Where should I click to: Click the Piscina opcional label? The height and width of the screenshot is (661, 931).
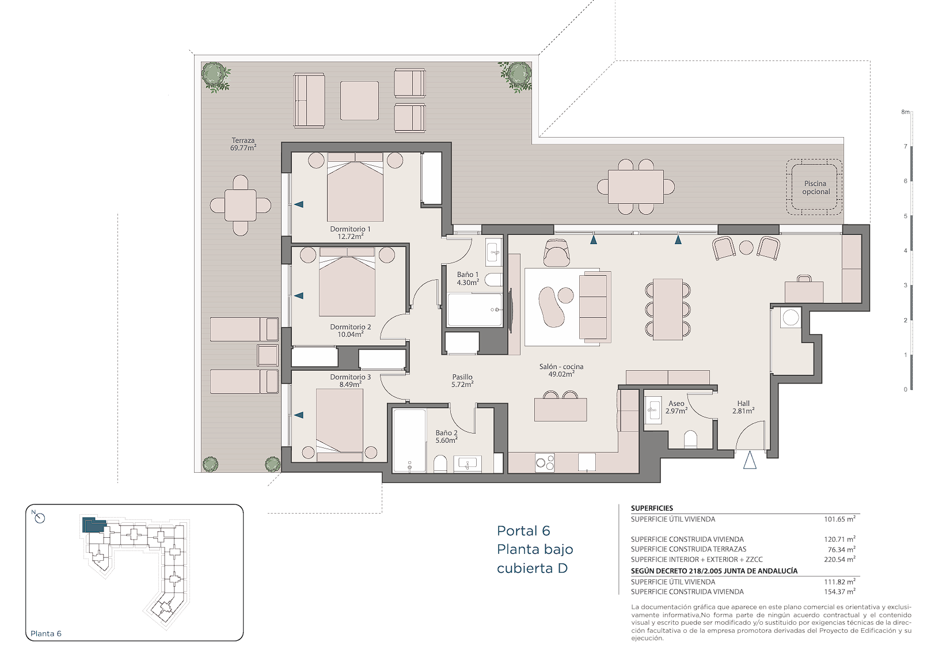815,188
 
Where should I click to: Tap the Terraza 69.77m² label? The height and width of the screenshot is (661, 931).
243,144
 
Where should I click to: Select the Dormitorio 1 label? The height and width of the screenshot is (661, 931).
350,229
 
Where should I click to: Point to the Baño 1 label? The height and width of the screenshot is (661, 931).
468,275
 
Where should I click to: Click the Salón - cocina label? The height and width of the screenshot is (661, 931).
561,367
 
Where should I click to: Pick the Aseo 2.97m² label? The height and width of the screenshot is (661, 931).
676,407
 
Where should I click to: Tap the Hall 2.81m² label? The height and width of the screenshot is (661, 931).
743,407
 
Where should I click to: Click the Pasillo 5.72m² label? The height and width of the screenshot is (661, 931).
462,381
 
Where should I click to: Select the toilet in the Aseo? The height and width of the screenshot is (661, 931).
690,439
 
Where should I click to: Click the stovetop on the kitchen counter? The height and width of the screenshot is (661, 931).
545,462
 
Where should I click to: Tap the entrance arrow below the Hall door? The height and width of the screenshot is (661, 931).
750,460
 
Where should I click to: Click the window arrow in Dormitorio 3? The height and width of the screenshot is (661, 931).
298,415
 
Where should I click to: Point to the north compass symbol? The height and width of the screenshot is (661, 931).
39,517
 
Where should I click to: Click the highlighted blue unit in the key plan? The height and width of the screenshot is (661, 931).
94,525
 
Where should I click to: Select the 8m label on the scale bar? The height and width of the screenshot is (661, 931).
905,112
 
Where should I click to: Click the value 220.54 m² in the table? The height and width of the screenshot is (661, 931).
839,560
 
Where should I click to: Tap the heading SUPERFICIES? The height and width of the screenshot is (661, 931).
652,508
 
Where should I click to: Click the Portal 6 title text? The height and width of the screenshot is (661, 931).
523,531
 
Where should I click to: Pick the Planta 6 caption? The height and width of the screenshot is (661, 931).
45,633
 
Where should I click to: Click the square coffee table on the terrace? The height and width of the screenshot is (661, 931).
359,101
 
